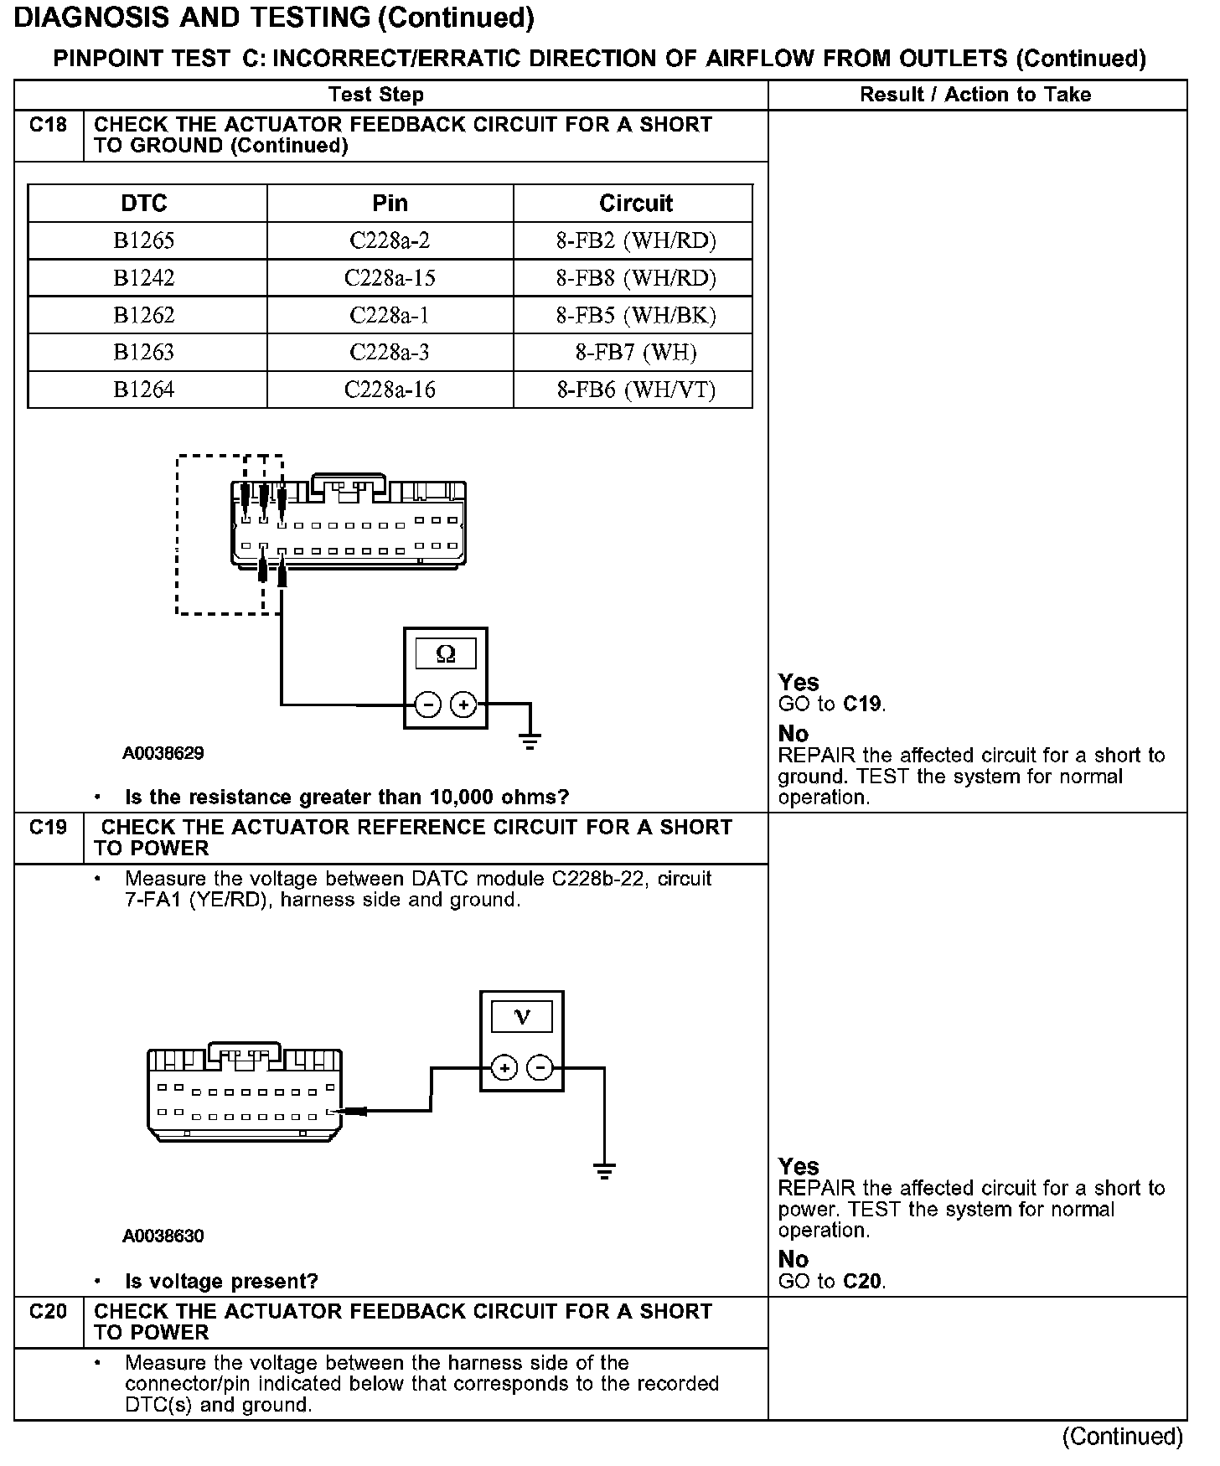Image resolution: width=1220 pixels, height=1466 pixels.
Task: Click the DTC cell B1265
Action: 144,241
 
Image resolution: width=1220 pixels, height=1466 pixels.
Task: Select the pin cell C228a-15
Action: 390,278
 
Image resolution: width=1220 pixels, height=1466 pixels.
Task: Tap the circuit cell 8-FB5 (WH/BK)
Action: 635,315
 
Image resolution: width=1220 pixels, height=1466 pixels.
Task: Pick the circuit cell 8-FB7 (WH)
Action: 635,353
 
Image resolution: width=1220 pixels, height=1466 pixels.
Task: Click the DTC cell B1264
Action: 144,390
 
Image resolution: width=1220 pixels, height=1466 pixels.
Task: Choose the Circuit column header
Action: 635,204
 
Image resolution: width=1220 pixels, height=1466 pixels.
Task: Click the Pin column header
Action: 390,204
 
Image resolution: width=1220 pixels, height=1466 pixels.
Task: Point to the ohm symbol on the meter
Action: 446,653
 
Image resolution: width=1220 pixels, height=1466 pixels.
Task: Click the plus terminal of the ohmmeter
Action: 463,705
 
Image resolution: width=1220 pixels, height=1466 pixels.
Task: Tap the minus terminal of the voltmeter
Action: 541,1068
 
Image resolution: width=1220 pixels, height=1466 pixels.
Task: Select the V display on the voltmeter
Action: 522,1017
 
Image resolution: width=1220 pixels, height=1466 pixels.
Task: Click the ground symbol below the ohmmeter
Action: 530,741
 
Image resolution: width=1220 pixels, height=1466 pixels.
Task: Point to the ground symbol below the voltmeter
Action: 604,1170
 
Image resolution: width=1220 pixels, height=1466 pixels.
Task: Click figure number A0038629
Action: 163,753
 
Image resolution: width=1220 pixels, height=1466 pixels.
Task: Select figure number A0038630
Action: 163,1236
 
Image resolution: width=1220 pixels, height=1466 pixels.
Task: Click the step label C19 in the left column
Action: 48,828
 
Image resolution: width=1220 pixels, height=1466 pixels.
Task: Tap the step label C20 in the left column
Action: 48,1312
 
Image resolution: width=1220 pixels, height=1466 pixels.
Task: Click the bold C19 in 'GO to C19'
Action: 863,704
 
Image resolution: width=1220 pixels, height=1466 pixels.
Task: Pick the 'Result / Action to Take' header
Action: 975,95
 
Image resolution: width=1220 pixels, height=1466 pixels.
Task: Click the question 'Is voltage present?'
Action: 221,1281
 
